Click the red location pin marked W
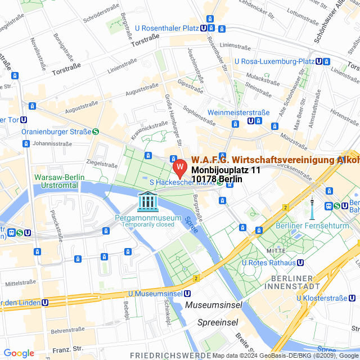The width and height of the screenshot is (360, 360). (x=179, y=168)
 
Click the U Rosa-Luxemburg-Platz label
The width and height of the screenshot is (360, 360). (x=274, y=61)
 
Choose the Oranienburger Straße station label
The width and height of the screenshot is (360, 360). (x=56, y=132)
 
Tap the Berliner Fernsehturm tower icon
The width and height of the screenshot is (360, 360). (x=311, y=208)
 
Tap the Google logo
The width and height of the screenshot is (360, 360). (x=19, y=353)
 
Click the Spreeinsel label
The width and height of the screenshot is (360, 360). (x=217, y=322)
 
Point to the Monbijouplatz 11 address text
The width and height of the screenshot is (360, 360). (x=226, y=170)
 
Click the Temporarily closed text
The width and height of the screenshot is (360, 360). (x=148, y=224)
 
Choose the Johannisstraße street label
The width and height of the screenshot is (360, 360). (x=54, y=143)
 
